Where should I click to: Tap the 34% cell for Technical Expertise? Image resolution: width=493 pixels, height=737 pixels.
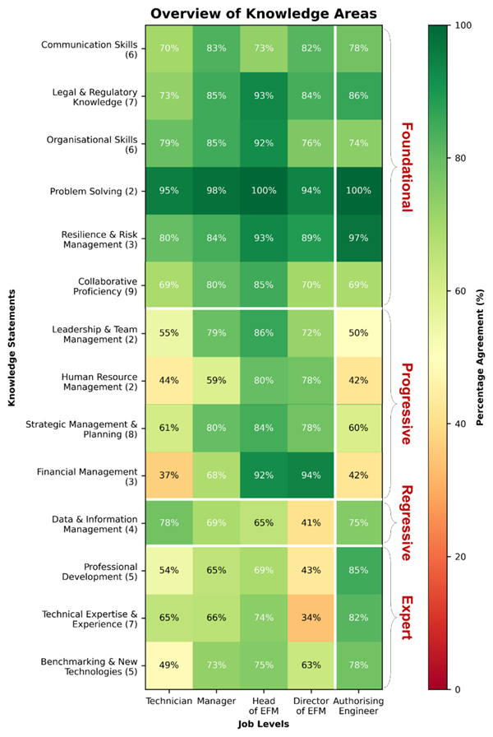tap(311, 618)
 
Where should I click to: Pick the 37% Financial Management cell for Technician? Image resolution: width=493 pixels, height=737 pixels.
tap(168, 475)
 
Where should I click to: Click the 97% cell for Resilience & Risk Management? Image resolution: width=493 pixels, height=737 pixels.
tap(357, 239)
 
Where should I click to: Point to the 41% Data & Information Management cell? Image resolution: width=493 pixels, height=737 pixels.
tap(311, 523)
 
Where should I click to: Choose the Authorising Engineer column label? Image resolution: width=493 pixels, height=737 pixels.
tap(358, 707)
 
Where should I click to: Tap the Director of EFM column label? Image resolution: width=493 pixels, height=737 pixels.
tap(311, 707)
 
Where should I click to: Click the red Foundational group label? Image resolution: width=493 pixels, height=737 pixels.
tap(405, 167)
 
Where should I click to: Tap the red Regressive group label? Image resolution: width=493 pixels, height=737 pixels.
tap(405, 523)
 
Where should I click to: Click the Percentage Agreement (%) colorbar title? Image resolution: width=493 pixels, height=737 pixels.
tap(479, 357)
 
